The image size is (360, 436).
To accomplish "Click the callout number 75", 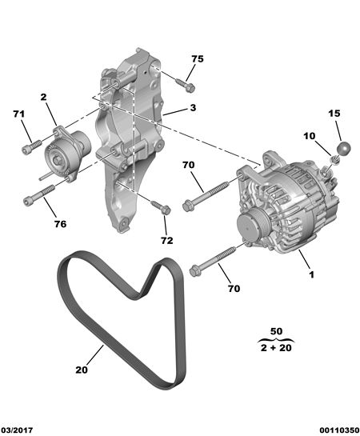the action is (x=198, y=59).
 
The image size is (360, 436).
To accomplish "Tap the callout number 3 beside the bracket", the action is (x=194, y=108).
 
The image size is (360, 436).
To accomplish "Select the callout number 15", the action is (x=334, y=114).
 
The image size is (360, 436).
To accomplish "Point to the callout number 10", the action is (x=310, y=136).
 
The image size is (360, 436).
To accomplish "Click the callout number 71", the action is (x=19, y=114).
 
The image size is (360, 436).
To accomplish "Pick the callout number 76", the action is (x=60, y=224).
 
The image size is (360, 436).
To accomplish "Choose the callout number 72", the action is (x=166, y=241).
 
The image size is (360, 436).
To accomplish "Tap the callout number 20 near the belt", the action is (x=82, y=370).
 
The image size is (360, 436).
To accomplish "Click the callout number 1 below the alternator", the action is (x=312, y=274).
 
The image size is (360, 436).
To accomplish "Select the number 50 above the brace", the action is (x=276, y=331).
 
